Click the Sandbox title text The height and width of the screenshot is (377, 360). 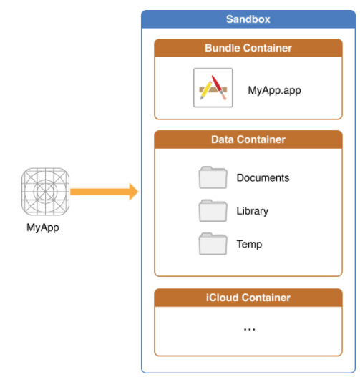[x=248, y=19]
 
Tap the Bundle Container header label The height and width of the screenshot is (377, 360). [x=248, y=48]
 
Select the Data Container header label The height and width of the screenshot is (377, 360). [x=248, y=139]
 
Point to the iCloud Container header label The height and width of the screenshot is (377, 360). [x=248, y=298]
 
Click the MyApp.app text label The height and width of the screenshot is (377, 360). [x=274, y=91]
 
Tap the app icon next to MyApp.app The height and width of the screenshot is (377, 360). [x=213, y=88]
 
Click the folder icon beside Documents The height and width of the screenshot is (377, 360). [x=213, y=177]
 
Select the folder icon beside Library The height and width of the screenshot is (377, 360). [x=213, y=210]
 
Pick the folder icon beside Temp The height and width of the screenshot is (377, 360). [x=213, y=243]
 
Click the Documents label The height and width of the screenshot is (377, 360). [x=263, y=178]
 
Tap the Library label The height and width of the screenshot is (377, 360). [x=253, y=211]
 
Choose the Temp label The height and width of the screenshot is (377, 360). [x=249, y=245]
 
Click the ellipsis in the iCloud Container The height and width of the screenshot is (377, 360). [x=249, y=329]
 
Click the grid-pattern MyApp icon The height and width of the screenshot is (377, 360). [x=46, y=192]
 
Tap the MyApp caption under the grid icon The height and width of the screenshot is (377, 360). [x=43, y=227]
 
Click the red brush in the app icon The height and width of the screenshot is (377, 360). [x=219, y=87]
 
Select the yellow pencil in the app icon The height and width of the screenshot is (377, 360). [x=206, y=90]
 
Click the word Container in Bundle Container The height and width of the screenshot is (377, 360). [x=268, y=48]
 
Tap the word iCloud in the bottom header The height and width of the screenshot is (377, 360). [x=223, y=298]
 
